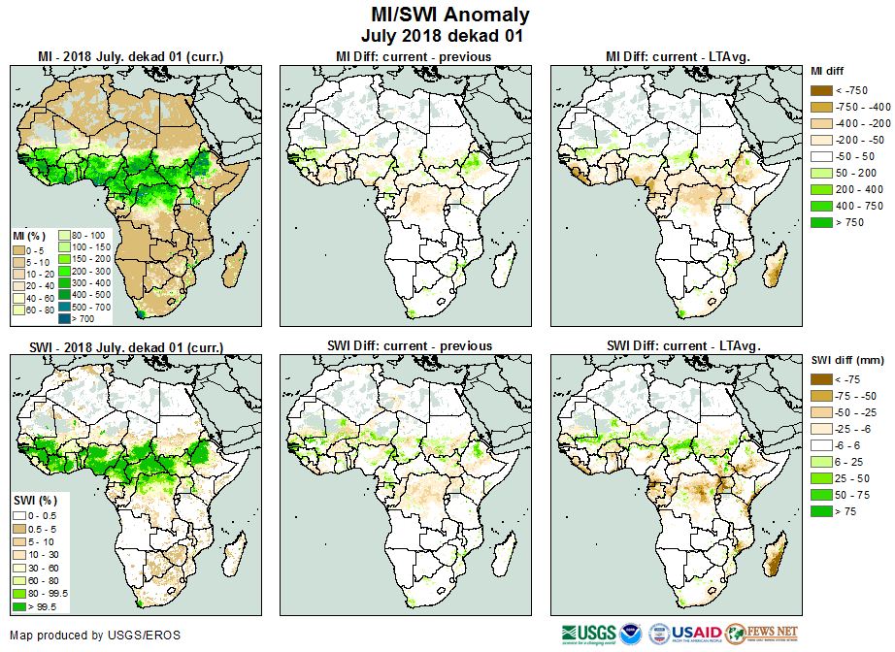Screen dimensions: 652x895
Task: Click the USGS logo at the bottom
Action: [588, 635]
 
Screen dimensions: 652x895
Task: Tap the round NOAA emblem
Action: [632, 635]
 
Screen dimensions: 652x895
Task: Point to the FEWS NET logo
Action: [761, 635]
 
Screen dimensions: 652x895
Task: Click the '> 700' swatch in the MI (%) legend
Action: [63, 317]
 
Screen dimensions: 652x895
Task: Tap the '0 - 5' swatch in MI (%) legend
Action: [18, 247]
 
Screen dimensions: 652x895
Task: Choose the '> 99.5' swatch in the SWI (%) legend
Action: [18, 606]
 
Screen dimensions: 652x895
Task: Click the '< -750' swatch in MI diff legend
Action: [819, 89]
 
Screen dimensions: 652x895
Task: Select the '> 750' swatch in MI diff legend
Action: [819, 222]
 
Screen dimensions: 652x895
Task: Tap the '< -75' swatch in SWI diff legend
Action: [819, 378]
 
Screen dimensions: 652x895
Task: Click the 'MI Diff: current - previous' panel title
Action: [413, 56]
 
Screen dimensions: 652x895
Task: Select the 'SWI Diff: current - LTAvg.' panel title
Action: [681, 345]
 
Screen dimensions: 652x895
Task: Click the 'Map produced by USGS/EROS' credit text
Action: [95, 636]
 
